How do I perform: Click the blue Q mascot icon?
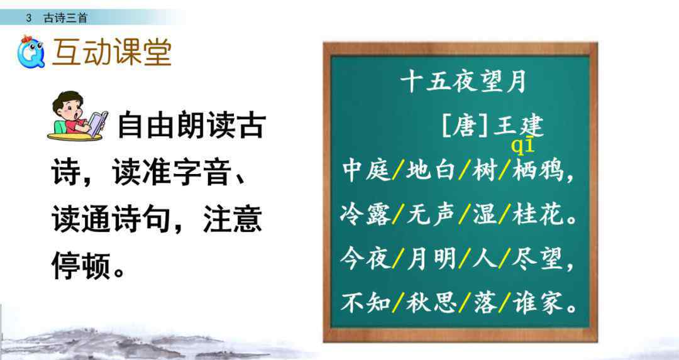(31, 52)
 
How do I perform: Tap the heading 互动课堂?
(112, 53)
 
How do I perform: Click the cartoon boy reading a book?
(77, 116)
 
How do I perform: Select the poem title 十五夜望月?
(463, 82)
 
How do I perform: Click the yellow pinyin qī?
(522, 146)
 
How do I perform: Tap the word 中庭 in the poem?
(366, 170)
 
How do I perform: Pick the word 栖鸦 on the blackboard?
(538, 170)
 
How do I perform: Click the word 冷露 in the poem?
(365, 215)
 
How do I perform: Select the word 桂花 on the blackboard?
(538, 215)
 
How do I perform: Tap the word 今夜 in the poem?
(365, 259)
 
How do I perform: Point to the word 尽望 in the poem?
(538, 259)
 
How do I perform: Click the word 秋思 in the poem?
(431, 302)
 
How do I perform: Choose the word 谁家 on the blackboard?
(538, 302)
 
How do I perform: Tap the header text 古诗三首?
(65, 18)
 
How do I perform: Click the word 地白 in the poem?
(430, 170)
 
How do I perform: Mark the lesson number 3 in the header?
(28, 18)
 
